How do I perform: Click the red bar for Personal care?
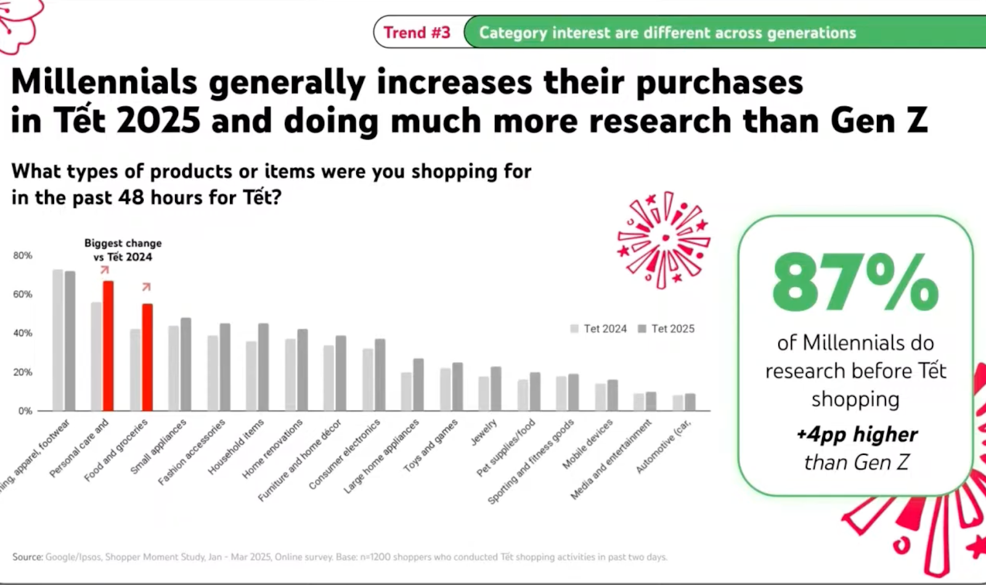coord(108,346)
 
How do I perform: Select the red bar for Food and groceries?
coord(147,357)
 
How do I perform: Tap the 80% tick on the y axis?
coord(23,255)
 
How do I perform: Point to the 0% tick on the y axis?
coord(25,411)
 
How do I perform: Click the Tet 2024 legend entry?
coord(599,329)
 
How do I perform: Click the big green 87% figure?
coord(855,283)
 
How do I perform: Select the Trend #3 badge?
coord(417,33)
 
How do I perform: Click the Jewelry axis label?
coord(484,432)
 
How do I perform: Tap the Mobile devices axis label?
coord(587,444)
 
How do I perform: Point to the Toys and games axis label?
coord(431,446)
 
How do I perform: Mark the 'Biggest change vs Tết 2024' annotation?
coord(123,250)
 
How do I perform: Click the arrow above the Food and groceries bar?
coord(146,287)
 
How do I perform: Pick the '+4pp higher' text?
coord(857,435)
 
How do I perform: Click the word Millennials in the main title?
coord(104,81)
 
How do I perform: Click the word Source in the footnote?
coord(27,557)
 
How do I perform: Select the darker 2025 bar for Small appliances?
coord(185,364)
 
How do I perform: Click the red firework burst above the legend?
coord(664,239)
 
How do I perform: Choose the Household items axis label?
coord(236,447)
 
